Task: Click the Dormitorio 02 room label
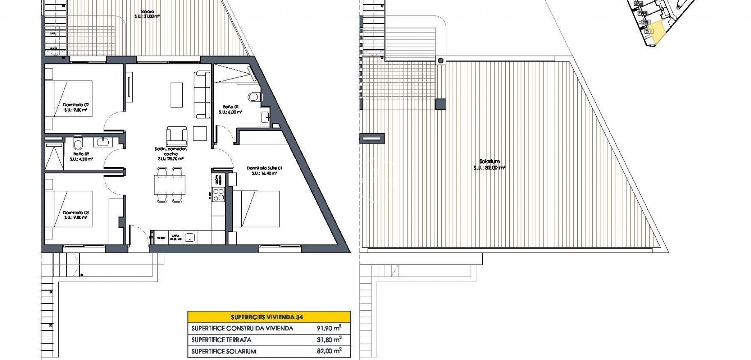(75, 107)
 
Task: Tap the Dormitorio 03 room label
(75, 215)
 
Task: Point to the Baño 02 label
(81, 157)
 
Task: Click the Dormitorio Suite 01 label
(264, 170)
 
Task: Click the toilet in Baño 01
(254, 95)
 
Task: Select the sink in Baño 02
(104, 142)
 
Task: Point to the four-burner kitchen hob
(217, 194)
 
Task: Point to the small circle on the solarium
(441, 60)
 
